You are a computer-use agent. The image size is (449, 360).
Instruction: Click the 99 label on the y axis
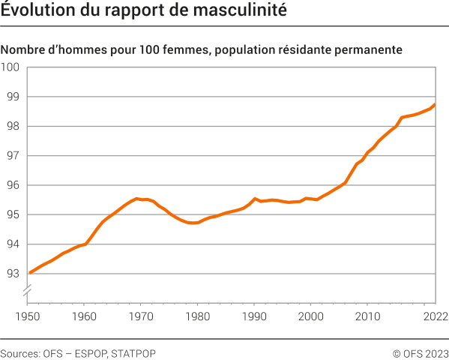[x=13, y=97]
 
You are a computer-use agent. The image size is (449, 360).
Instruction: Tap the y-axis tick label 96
[x=13, y=185]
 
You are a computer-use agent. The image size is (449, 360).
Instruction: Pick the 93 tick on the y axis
[x=13, y=274]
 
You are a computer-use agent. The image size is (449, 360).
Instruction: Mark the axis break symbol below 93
[x=28, y=289]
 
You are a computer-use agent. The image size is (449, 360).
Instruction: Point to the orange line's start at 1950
[x=28, y=273]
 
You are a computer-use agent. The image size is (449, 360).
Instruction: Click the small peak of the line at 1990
[x=255, y=199]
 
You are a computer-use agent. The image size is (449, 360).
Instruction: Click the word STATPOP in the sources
[x=133, y=352]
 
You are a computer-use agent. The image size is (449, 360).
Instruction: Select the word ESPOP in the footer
[x=89, y=352]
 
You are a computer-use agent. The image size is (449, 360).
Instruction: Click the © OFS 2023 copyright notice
[x=420, y=352]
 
